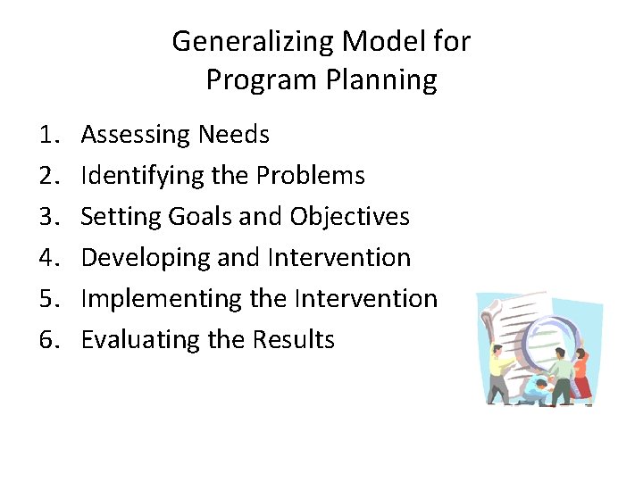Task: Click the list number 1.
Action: (48, 135)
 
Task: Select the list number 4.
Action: (48, 258)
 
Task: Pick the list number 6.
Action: (48, 340)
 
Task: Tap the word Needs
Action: (233, 135)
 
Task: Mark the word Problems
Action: (310, 176)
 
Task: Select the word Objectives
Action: (350, 217)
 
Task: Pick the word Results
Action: (293, 340)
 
